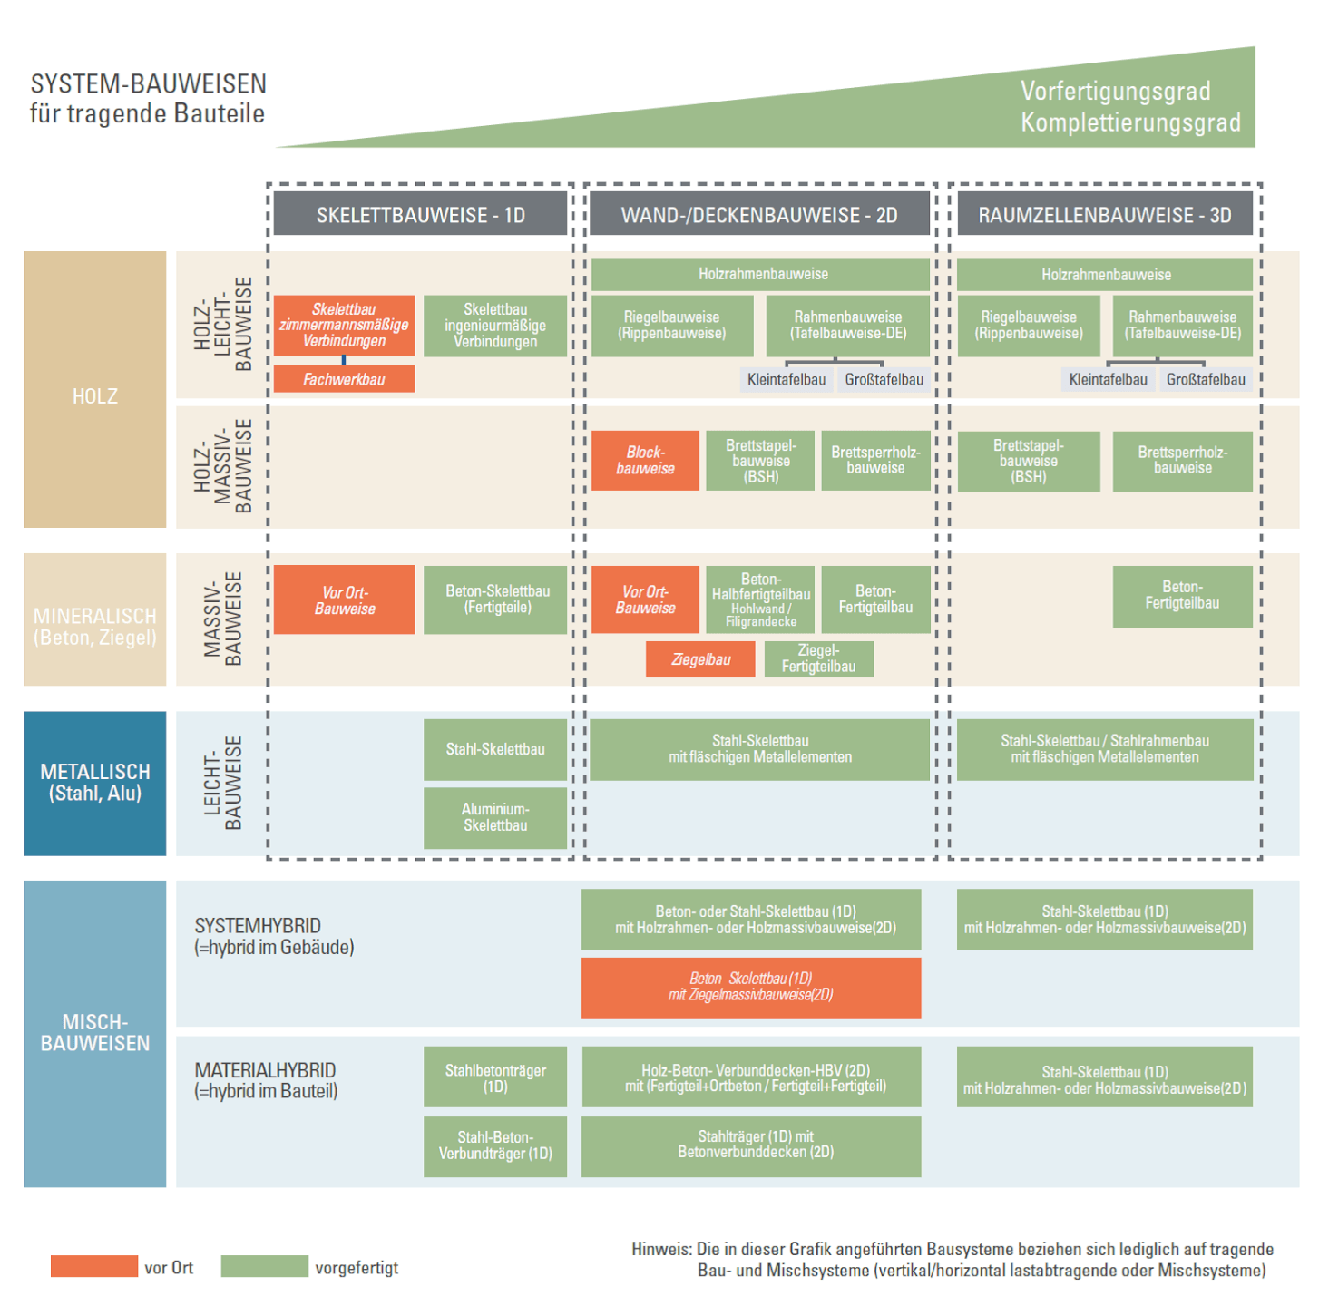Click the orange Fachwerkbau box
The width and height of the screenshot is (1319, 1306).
[x=344, y=379]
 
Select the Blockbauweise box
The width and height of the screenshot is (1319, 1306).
[x=645, y=460]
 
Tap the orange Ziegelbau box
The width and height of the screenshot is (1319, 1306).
[x=700, y=659]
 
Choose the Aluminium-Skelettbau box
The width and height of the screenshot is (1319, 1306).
[x=495, y=817]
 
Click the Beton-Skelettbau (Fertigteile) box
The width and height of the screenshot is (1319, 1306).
[x=497, y=599]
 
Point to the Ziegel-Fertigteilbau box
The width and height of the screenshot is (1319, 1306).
[x=818, y=659]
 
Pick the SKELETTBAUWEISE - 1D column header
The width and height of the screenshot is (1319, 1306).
[x=420, y=215]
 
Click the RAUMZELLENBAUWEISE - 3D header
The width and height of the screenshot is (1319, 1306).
[x=1104, y=215]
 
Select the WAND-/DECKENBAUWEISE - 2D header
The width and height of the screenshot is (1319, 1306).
[x=759, y=215]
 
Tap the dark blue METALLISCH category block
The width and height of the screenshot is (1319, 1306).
[x=95, y=783]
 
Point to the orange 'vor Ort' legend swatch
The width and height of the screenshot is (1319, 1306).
[x=93, y=1266]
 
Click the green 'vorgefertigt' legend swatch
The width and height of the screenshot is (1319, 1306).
[x=264, y=1266]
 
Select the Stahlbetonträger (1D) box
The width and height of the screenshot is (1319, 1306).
[x=495, y=1077]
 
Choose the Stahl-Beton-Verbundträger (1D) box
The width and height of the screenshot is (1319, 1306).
[x=495, y=1146]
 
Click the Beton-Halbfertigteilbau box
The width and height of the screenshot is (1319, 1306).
[x=760, y=599]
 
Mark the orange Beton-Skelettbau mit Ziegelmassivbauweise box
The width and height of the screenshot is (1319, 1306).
[x=751, y=988]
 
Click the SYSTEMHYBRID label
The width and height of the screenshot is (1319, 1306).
[x=258, y=926]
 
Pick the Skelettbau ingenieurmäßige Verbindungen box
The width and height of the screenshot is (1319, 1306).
[x=495, y=326]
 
